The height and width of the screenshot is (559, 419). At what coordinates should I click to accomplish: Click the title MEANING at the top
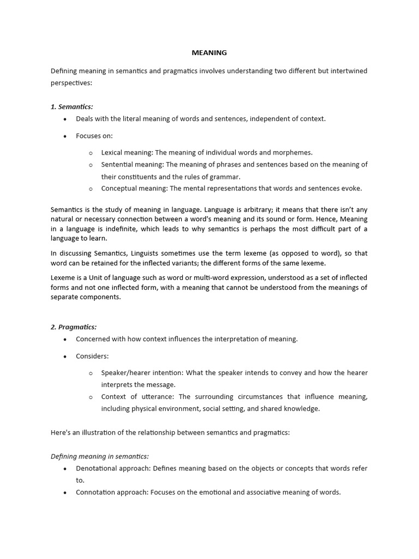point(209,53)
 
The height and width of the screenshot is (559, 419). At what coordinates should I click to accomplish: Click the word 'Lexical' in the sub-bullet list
point(112,153)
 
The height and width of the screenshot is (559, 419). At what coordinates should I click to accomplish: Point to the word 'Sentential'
point(117,165)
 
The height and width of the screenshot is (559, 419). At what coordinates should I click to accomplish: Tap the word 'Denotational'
point(97,469)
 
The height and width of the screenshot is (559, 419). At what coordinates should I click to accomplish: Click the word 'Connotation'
point(96,492)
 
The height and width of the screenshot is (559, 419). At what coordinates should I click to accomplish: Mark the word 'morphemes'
point(294,153)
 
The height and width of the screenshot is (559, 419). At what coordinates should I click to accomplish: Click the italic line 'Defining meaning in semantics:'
point(100,457)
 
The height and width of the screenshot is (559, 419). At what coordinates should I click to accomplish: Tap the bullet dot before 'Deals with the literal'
point(65,119)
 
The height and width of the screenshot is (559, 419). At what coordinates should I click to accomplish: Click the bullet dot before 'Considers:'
point(65,356)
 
